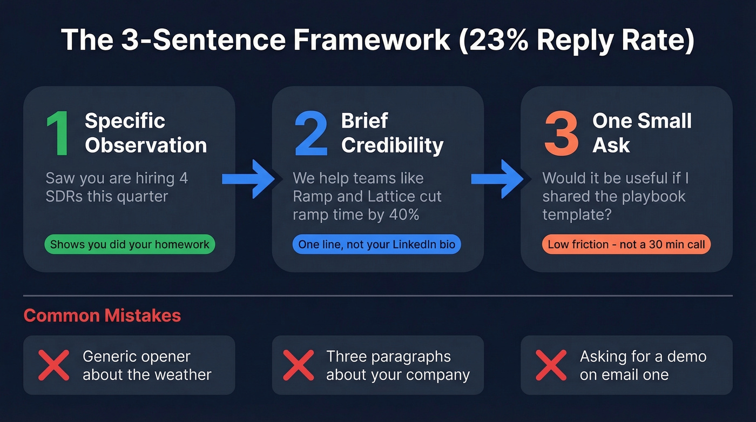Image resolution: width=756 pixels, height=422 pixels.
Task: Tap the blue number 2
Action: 311,134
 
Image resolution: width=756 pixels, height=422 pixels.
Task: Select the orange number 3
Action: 562,134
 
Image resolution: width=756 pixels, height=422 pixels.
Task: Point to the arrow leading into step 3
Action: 498,178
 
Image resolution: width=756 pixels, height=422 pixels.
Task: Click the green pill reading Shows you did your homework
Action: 130,244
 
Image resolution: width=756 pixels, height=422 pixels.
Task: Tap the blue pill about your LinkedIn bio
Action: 376,244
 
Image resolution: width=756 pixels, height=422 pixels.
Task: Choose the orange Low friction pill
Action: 626,244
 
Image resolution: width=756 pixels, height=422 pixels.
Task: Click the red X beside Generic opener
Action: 53,365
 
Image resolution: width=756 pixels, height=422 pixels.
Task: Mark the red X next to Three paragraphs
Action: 299,365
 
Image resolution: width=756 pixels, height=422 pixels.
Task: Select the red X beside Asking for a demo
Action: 551,365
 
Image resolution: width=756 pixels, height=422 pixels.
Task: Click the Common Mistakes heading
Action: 102,316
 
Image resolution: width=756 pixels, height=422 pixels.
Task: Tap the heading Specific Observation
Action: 145,133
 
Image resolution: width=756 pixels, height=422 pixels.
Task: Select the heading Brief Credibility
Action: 392,133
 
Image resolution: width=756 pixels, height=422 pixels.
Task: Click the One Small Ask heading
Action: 642,133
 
